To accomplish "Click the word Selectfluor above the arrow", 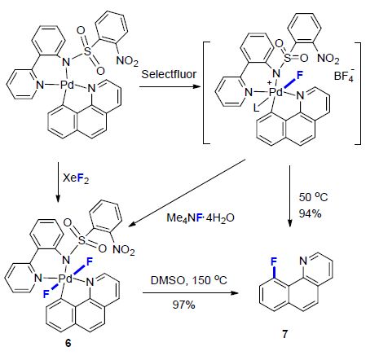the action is tap(169, 74).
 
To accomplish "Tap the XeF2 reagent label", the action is tap(76, 178).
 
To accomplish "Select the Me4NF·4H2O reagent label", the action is tap(201, 217).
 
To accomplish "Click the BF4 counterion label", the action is tap(344, 75).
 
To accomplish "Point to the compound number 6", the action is tap(68, 343).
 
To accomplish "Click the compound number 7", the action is tap(284, 334).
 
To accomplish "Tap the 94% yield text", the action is tap(310, 213).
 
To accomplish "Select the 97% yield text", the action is tap(183, 305).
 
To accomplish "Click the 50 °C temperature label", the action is tap(313, 197).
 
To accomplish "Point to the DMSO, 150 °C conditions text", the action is tap(189, 280).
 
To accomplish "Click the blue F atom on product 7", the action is tap(274, 261).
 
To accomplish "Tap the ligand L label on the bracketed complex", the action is tap(256, 108).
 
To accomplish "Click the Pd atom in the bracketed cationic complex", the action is tap(276, 93).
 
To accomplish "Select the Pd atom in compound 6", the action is tap(66, 279).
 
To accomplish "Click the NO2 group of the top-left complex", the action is tap(127, 60).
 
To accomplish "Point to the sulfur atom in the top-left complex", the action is tap(87, 50).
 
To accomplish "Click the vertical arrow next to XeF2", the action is tap(58, 182).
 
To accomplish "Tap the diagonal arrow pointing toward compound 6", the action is tap(187, 193).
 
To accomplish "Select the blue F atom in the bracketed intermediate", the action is tap(300, 75).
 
